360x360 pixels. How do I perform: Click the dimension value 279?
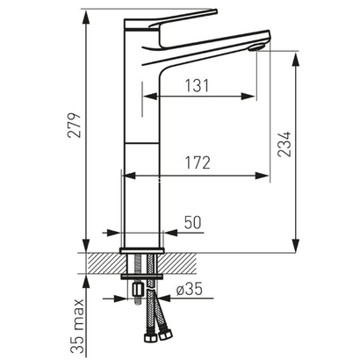(x=75, y=128)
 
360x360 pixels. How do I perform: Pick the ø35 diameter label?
(x=191, y=287)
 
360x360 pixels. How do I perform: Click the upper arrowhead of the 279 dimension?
(x=85, y=14)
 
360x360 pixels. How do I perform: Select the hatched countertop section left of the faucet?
(x=104, y=263)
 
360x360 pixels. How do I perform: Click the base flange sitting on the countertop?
(x=140, y=245)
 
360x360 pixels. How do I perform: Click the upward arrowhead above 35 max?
(x=85, y=279)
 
